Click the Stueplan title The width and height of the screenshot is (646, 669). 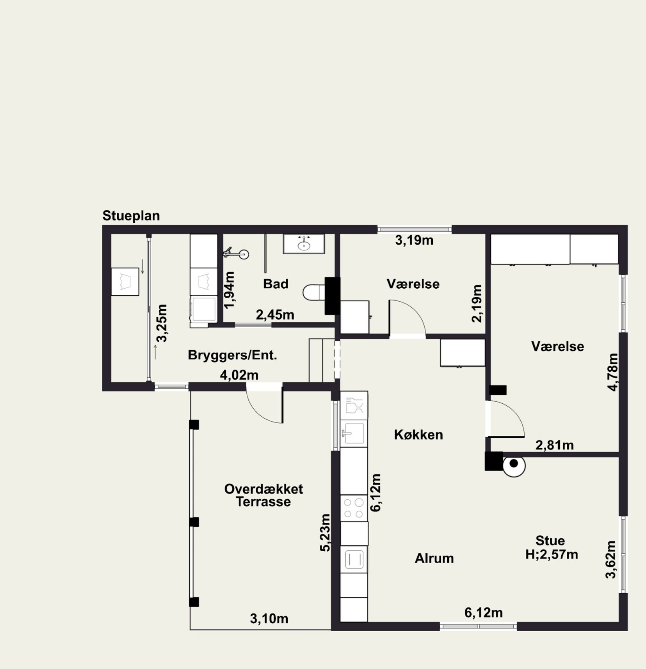pyautogui.click(x=131, y=216)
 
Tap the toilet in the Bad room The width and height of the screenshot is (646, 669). pyautogui.click(x=314, y=293)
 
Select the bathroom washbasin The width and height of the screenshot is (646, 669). pyautogui.click(x=304, y=244)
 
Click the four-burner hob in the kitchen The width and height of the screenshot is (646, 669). pyautogui.click(x=354, y=508)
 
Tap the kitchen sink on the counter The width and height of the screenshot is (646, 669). pyautogui.click(x=354, y=433)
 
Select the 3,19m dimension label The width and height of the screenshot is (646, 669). pyautogui.click(x=414, y=240)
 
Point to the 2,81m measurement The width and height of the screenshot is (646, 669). pyautogui.click(x=554, y=445)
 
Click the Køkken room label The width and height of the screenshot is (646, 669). pyautogui.click(x=418, y=435)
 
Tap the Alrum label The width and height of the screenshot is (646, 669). pyautogui.click(x=434, y=558)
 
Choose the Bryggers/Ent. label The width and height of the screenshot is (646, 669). pyautogui.click(x=232, y=355)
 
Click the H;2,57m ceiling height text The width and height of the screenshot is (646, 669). pyautogui.click(x=552, y=554)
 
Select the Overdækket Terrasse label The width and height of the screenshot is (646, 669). pyautogui.click(x=263, y=495)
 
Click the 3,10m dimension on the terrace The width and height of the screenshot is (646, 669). pyautogui.click(x=269, y=619)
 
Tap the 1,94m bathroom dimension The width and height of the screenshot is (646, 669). pyautogui.click(x=230, y=289)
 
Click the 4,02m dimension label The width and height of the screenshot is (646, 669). pyautogui.click(x=239, y=375)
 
